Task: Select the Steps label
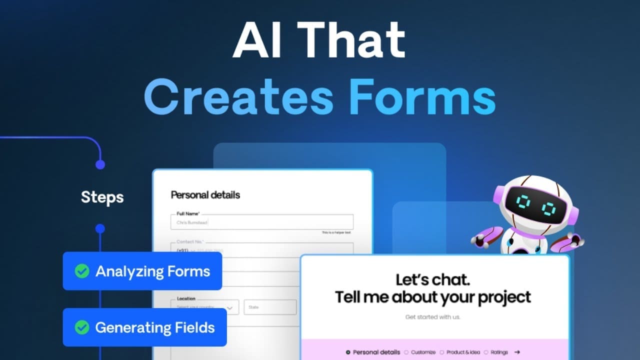click(x=102, y=197)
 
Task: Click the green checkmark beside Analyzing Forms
click(x=82, y=271)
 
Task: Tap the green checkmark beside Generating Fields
click(x=82, y=327)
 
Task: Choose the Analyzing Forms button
click(x=142, y=271)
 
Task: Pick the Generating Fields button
click(x=144, y=327)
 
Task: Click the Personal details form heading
click(x=205, y=195)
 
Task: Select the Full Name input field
click(x=262, y=222)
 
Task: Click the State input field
click(x=270, y=307)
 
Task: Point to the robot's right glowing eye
click(x=549, y=206)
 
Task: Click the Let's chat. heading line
click(x=432, y=279)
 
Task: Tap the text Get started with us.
click(x=433, y=317)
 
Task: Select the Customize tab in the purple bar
click(x=423, y=352)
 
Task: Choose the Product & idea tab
click(x=463, y=352)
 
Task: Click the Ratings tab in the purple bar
click(x=499, y=352)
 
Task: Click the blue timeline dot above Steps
click(x=100, y=164)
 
